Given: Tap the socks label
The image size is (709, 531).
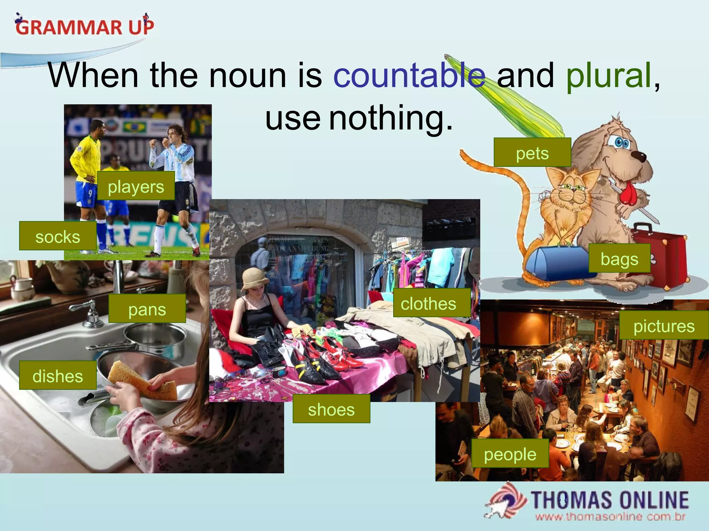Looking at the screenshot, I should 58,236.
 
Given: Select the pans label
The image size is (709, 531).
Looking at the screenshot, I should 147,309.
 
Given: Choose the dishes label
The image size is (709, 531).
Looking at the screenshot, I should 58,375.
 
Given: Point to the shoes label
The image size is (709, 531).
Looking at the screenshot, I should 331,409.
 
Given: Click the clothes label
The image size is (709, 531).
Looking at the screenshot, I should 429,303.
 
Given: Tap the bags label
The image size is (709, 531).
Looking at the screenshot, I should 619,258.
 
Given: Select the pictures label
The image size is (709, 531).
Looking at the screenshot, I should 664,325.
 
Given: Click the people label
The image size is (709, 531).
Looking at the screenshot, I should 510,454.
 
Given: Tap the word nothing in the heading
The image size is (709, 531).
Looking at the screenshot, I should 391,118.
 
